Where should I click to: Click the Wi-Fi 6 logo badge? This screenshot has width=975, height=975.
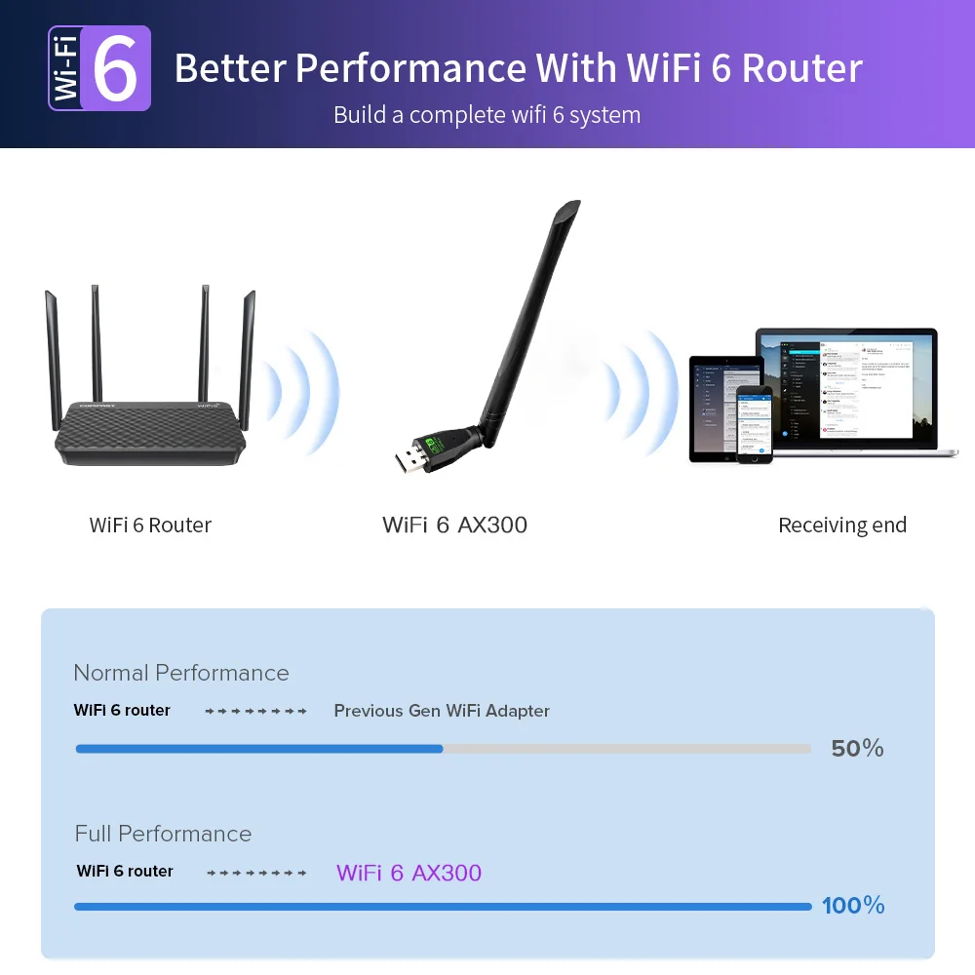pyautogui.click(x=99, y=68)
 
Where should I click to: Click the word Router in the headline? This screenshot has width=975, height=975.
pyautogui.click(x=801, y=69)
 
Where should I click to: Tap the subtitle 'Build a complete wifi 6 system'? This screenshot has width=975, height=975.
pyautogui.click(x=487, y=115)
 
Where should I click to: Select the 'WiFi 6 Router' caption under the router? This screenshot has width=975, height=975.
pyautogui.click(x=150, y=525)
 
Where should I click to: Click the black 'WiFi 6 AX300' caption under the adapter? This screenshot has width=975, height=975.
pyautogui.click(x=454, y=525)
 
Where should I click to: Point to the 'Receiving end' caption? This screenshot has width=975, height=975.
pyautogui.click(x=842, y=526)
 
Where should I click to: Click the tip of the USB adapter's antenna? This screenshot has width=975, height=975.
pyautogui.click(x=570, y=207)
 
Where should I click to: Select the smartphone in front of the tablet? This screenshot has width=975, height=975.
pyautogui.click(x=754, y=423)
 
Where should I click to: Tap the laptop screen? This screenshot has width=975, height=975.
pyautogui.click(x=845, y=386)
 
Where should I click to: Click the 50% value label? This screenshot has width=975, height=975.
pyautogui.click(x=857, y=749)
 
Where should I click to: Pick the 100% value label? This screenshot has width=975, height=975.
pyautogui.click(x=853, y=906)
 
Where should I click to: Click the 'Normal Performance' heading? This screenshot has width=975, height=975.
pyautogui.click(x=181, y=673)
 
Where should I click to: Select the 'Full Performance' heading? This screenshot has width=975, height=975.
pyautogui.click(x=163, y=834)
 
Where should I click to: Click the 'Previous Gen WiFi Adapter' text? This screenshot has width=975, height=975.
pyautogui.click(x=442, y=711)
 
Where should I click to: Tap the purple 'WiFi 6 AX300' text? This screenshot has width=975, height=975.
pyautogui.click(x=409, y=873)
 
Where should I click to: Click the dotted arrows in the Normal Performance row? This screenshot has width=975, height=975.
pyautogui.click(x=256, y=712)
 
